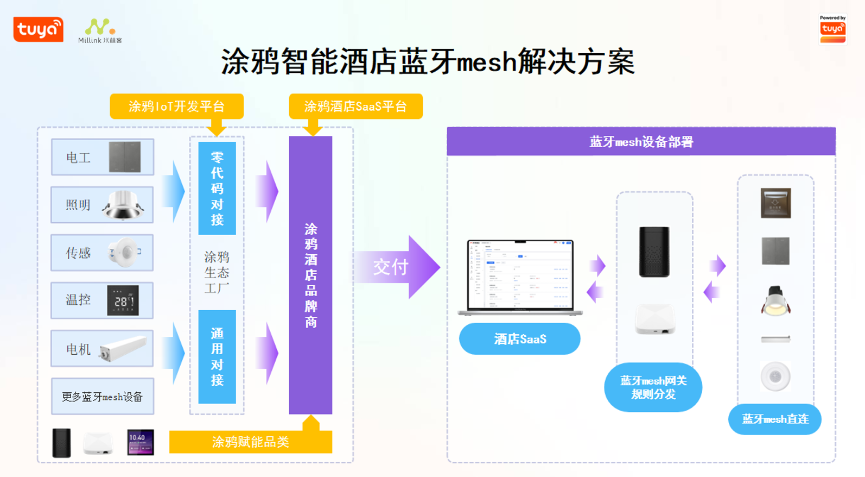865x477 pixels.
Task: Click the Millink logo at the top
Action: [x=100, y=31]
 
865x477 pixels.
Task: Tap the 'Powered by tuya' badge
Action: [x=832, y=29]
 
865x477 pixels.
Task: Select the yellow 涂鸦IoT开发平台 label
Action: [x=176, y=106]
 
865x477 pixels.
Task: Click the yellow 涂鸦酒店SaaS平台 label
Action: [x=355, y=106]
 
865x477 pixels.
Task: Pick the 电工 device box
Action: [x=103, y=157]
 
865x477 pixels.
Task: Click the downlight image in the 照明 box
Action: [x=123, y=205]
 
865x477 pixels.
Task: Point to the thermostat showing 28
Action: [x=123, y=300]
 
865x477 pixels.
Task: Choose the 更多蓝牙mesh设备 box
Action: [x=103, y=397]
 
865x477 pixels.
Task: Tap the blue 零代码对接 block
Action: [x=217, y=188]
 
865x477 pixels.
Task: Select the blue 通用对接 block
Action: [x=217, y=356]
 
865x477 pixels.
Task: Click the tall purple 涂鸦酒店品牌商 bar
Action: [x=310, y=275]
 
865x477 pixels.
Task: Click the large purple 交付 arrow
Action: [x=396, y=267]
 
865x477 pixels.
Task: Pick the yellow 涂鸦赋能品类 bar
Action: [x=250, y=442]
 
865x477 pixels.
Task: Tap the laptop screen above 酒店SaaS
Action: [x=520, y=275]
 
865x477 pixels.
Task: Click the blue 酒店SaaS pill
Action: [x=519, y=339]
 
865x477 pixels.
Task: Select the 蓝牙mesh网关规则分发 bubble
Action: [x=653, y=387]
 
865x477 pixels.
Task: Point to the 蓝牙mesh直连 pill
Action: [x=774, y=419]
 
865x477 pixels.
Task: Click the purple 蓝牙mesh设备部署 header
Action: [x=641, y=142]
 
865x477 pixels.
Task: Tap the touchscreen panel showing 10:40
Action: [x=140, y=442]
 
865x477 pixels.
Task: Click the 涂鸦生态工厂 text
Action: [x=217, y=272]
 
